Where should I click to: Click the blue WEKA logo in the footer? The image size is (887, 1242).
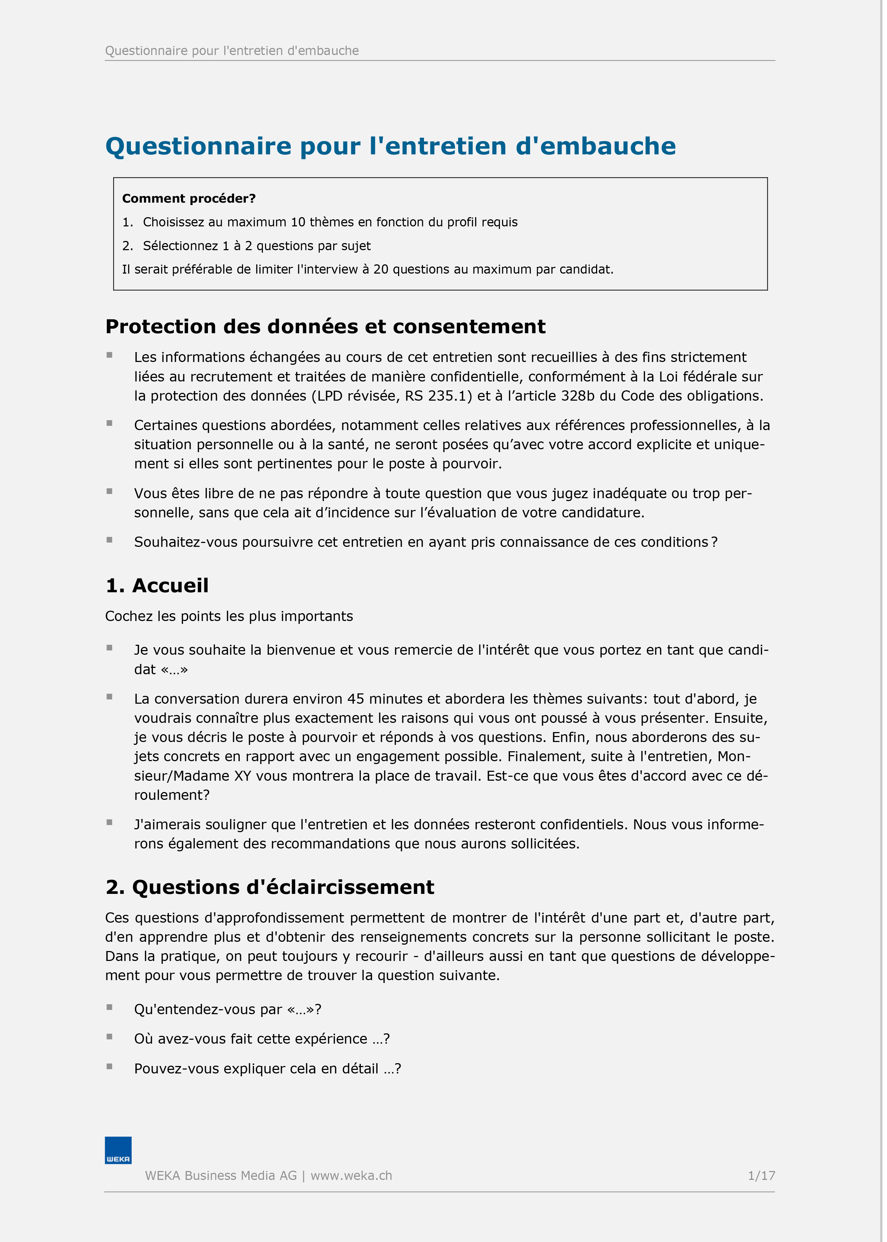[x=118, y=1150]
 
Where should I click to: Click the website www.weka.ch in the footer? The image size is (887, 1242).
[x=351, y=1175]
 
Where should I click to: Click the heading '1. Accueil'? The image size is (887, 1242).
[x=157, y=586]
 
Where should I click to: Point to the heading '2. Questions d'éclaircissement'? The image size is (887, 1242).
[x=270, y=887]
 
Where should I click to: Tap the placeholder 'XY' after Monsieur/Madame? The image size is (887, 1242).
[x=242, y=776]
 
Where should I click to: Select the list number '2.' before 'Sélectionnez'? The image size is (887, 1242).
[x=128, y=246]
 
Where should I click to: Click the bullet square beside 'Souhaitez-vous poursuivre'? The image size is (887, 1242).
[x=110, y=540]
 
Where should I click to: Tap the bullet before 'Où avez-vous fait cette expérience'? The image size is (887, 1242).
[x=110, y=1037]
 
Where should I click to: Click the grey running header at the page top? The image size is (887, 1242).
[x=232, y=51]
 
